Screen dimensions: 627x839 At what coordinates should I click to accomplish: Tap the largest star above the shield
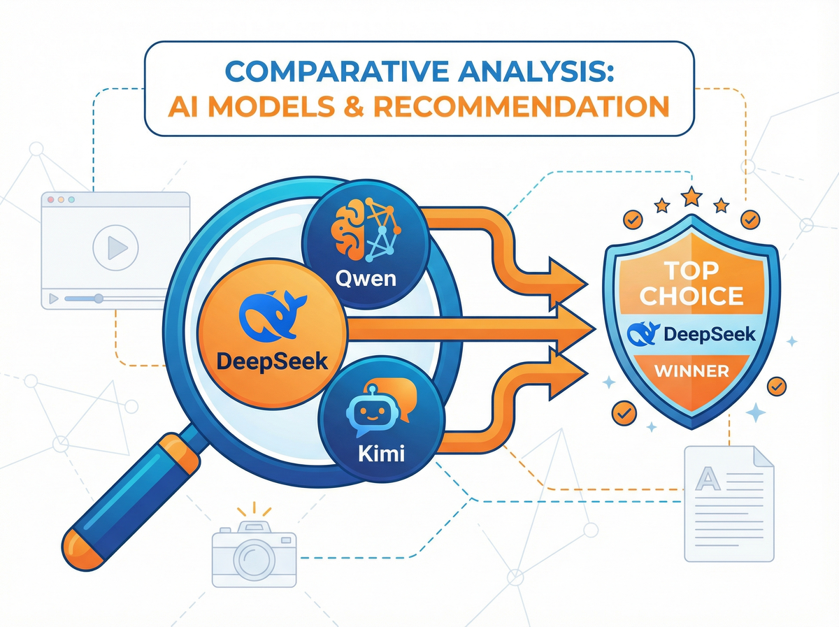tap(692, 196)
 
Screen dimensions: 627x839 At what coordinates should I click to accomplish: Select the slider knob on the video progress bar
tap(99, 298)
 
